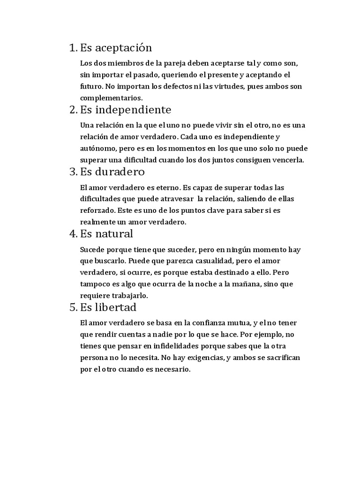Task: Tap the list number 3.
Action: coord(73,171)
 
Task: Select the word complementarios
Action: coord(111,98)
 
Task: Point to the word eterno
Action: coord(165,187)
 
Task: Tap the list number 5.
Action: coord(73,307)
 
